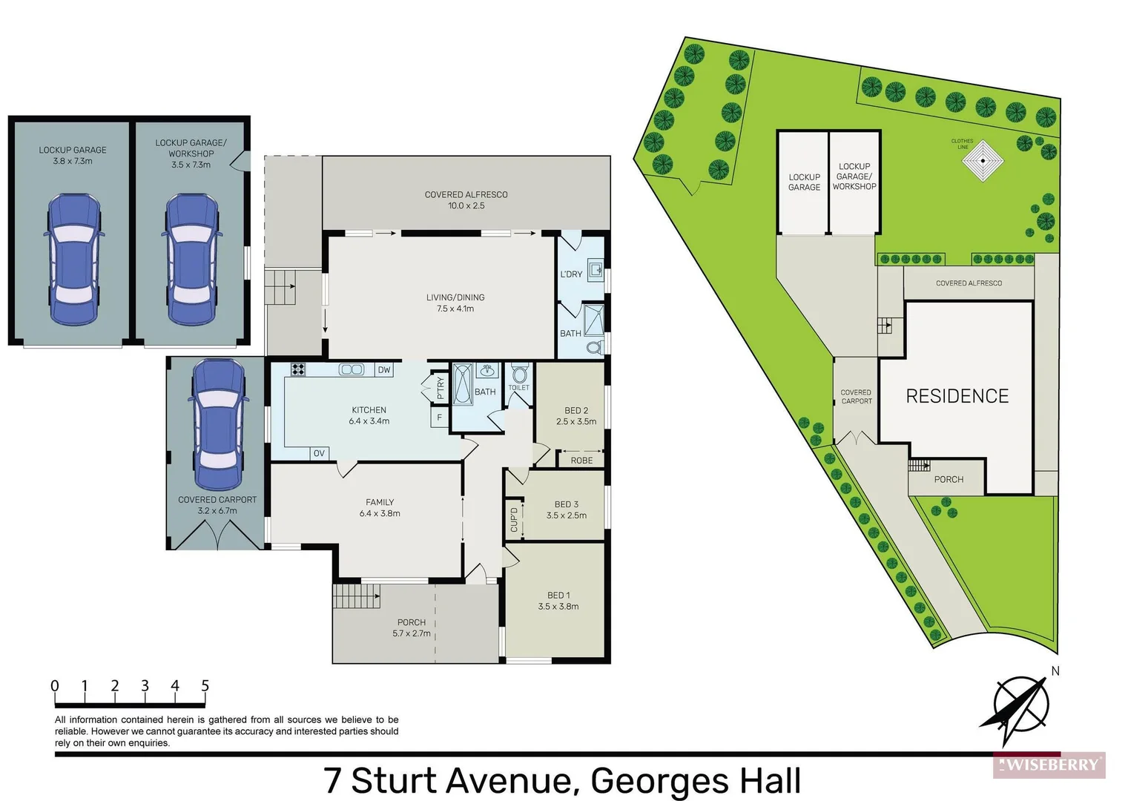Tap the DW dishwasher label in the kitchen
pos(383,370)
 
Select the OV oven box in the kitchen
pos(319,453)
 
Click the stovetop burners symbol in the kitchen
pos(298,369)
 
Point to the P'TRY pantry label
pos(441,388)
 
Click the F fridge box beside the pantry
pos(440,418)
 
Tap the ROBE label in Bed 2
pos(581,461)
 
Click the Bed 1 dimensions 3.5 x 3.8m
pos(558,607)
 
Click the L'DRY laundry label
pos(571,274)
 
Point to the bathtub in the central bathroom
pos(462,383)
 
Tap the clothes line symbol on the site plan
pos(983,160)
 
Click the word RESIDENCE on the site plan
pos(957,397)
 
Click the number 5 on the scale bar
pos(205,686)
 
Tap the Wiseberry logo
pos(1049,765)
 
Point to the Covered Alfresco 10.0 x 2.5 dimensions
pos(466,206)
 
